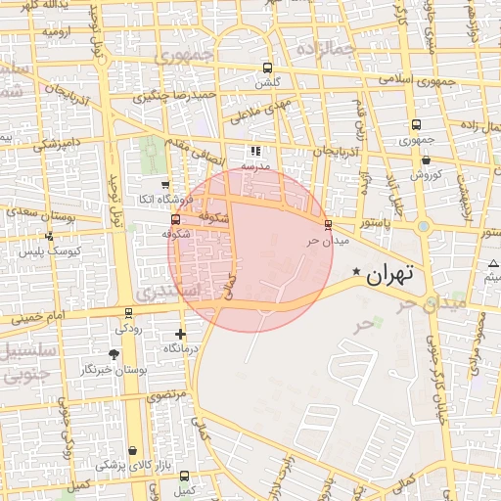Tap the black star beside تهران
[x=356, y=271]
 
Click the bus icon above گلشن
[x=267, y=68]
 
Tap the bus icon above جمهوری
[x=417, y=124]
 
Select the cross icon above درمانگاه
[x=180, y=334]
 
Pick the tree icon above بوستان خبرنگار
[x=114, y=354]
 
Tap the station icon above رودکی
[x=128, y=314]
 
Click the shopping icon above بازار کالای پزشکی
[x=132, y=450]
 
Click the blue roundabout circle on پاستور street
[x=423, y=226]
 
